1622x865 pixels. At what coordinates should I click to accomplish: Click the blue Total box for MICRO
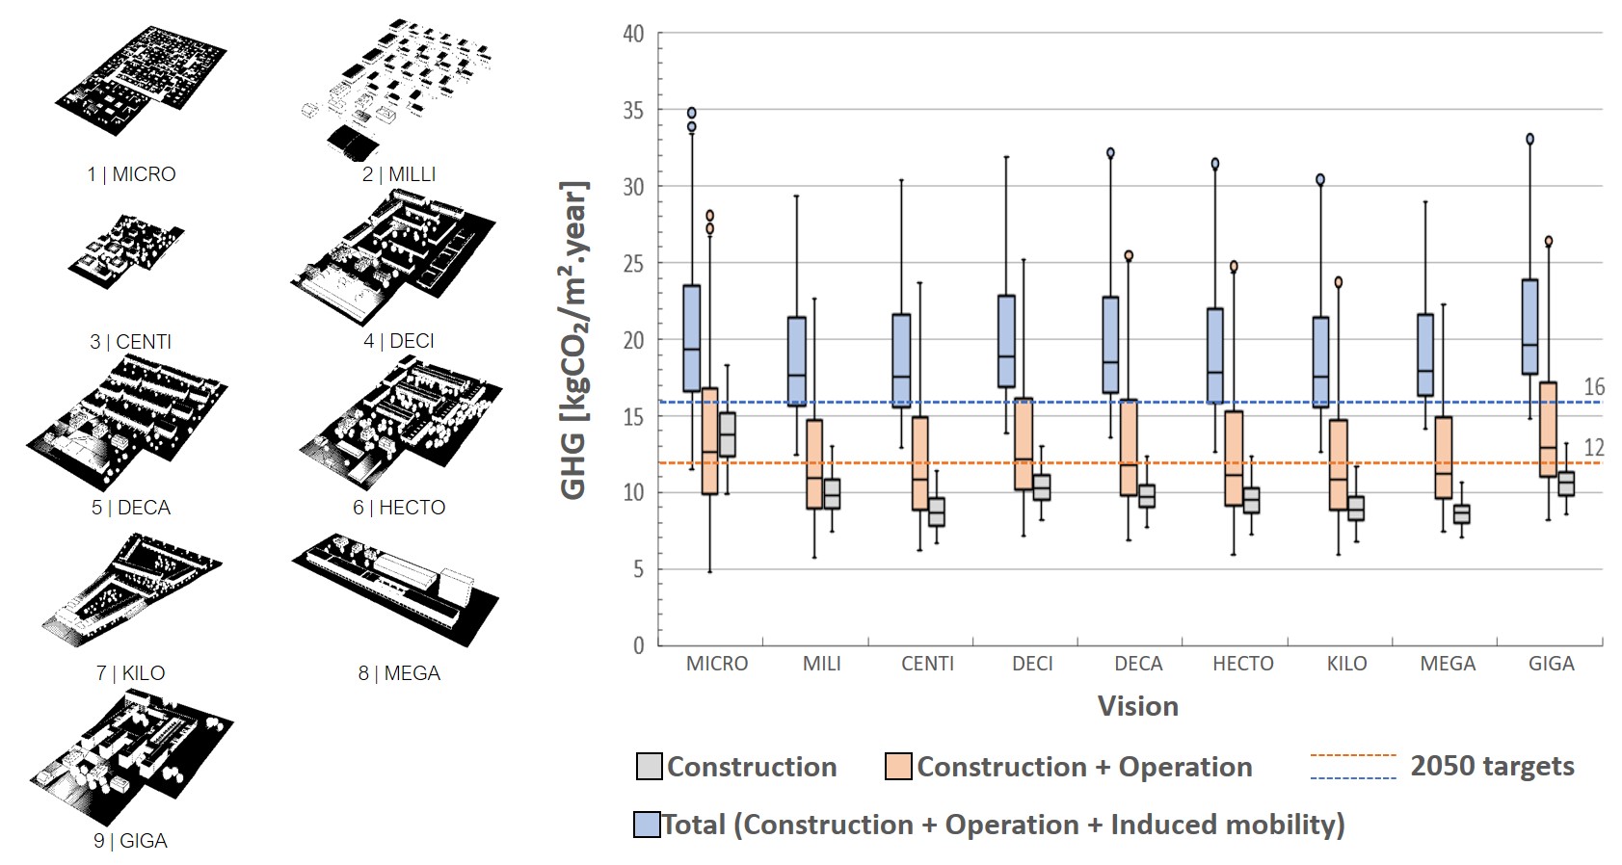pyautogui.click(x=691, y=337)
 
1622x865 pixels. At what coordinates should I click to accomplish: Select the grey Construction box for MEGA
pyautogui.click(x=1461, y=514)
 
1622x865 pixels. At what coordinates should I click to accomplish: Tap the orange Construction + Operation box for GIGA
pyautogui.click(x=1548, y=429)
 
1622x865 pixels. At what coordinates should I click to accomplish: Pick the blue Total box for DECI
pyautogui.click(x=1006, y=341)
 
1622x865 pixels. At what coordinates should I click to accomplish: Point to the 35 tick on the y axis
pyautogui.click(x=633, y=111)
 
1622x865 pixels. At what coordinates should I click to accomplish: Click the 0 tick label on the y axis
pyautogui.click(x=639, y=645)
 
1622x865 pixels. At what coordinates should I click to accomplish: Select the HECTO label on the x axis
pyautogui.click(x=1242, y=664)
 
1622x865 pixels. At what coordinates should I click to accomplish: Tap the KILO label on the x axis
pyautogui.click(x=1346, y=664)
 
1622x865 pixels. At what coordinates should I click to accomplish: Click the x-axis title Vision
pyautogui.click(x=1137, y=706)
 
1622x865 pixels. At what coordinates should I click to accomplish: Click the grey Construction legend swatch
pyautogui.click(x=650, y=767)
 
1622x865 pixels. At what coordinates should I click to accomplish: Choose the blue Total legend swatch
pyautogui.click(x=647, y=825)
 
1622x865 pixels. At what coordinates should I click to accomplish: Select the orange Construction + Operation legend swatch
pyautogui.click(x=898, y=767)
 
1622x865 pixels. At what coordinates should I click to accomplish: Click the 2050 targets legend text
pyautogui.click(x=1492, y=766)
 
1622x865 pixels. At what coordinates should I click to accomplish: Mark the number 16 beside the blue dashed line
pyautogui.click(x=1594, y=387)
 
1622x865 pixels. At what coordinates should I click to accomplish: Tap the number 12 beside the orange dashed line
pyautogui.click(x=1594, y=448)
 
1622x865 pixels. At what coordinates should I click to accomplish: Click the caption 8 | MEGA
pyautogui.click(x=399, y=673)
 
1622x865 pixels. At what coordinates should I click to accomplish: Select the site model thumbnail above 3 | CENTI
pyautogui.click(x=125, y=252)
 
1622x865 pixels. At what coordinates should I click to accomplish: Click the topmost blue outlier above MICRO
pyautogui.click(x=691, y=113)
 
